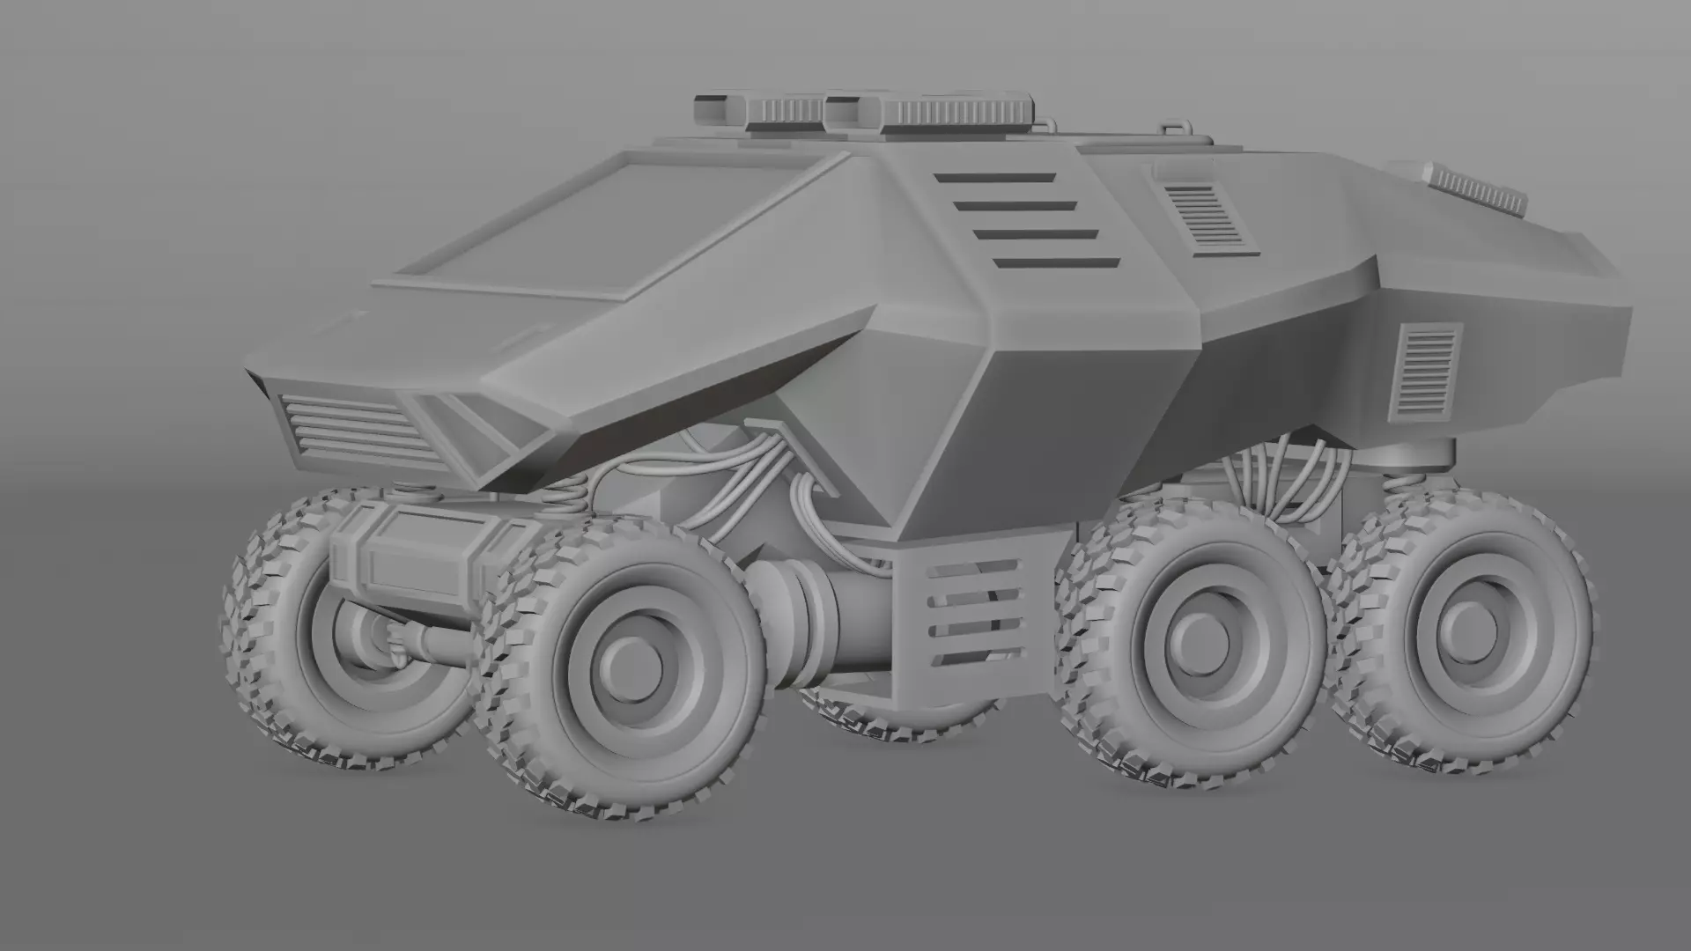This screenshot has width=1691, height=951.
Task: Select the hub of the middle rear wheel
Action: point(1195,639)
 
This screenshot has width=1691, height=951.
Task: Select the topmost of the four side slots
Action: point(995,178)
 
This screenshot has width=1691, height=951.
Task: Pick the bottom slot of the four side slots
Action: point(1057,263)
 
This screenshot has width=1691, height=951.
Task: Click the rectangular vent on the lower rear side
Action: point(1425,370)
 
